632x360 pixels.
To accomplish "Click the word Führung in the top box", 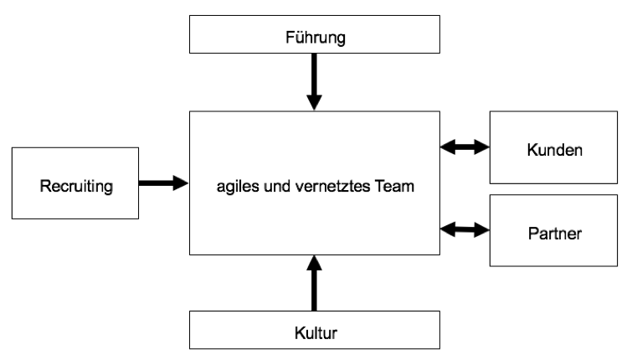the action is click(316, 38).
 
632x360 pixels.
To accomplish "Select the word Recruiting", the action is click(76, 186).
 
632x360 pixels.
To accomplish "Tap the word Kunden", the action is click(555, 150).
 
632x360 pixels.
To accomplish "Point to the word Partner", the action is click(555, 234).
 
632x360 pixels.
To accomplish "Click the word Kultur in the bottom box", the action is click(316, 333).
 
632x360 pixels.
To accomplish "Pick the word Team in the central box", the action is click(394, 186).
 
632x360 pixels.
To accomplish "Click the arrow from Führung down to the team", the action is click(314, 82).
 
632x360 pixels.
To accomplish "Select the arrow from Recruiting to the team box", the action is click(163, 183).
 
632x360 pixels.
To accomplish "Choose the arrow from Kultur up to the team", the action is click(314, 283).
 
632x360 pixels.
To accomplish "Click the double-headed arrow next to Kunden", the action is click(465, 147).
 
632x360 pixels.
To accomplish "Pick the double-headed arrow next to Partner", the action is click(465, 229).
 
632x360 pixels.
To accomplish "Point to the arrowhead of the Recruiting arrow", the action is click(181, 183).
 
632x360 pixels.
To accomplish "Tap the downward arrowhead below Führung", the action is click(314, 103).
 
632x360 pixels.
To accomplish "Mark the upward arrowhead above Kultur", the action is click(314, 263).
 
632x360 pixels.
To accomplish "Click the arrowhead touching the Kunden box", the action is click(482, 147).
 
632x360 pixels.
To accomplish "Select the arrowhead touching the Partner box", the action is click(482, 230).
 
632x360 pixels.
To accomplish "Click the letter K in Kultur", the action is click(300, 333).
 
